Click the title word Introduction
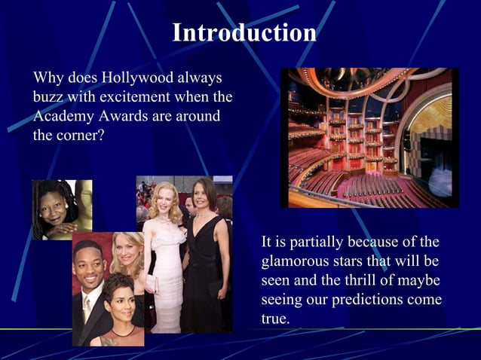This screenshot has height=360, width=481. click(244, 33)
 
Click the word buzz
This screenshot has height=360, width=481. click(47, 97)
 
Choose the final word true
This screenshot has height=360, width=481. click(274, 319)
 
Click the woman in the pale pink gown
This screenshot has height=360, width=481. click(165, 256)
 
